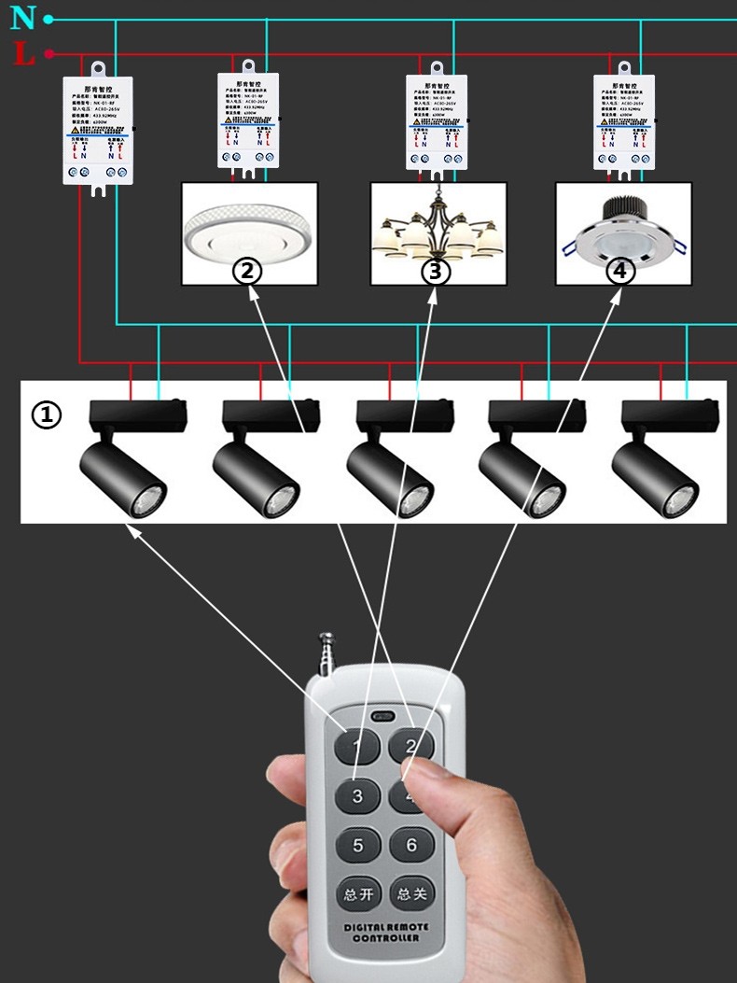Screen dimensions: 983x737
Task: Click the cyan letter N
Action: [22, 17]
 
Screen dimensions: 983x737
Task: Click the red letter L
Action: [24, 54]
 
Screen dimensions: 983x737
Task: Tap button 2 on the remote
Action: [411, 746]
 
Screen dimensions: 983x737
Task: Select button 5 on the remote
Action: [357, 846]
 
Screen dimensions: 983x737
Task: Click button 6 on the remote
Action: [411, 846]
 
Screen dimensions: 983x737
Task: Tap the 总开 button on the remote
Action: [357, 894]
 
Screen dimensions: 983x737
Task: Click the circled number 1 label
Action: [47, 414]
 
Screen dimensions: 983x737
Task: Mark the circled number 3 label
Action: [435, 272]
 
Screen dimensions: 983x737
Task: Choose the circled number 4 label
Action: [619, 272]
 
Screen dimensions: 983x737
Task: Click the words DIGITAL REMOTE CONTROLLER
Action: [384, 933]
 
